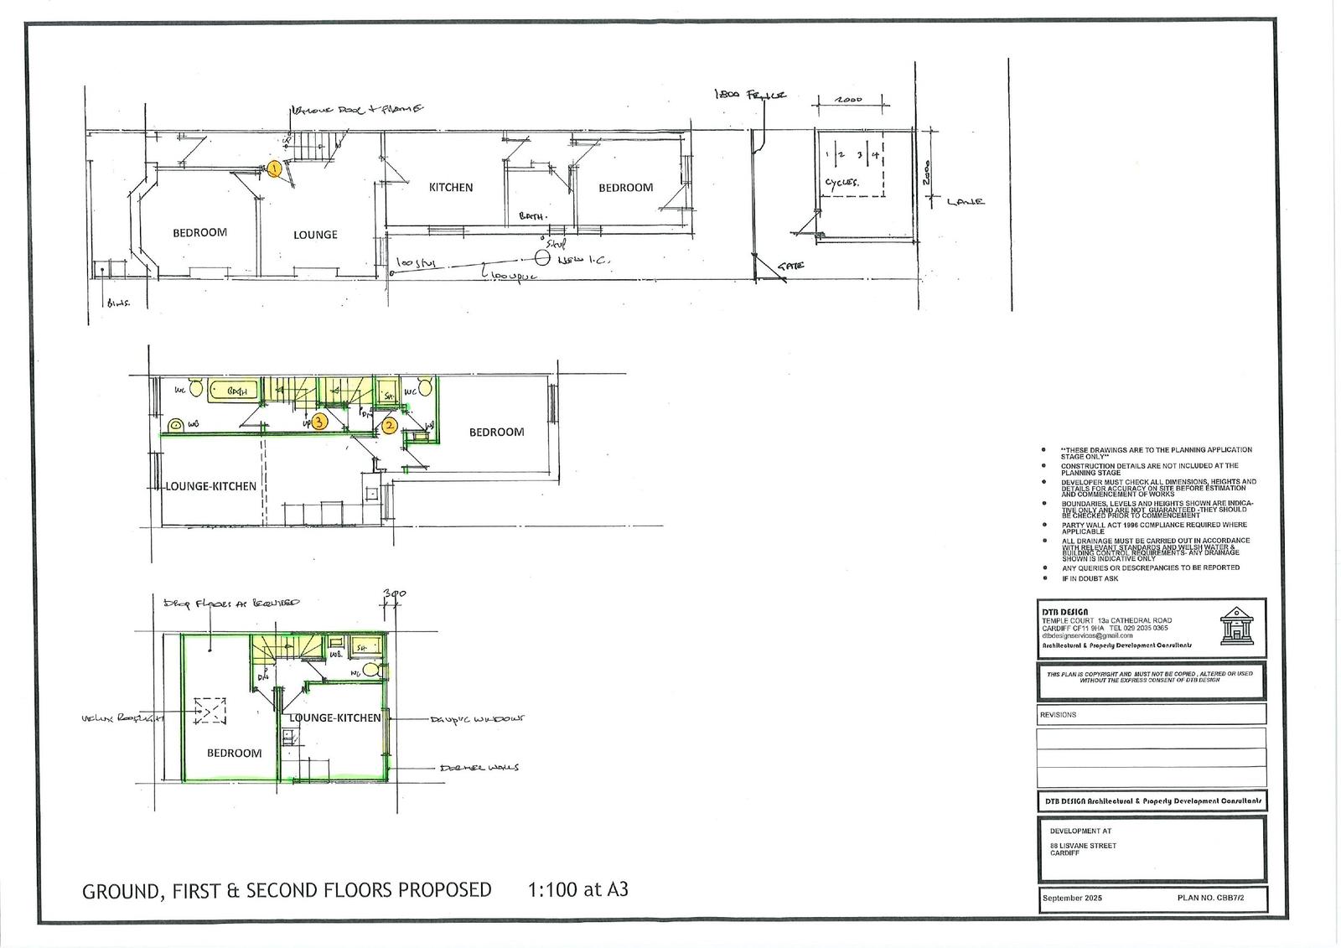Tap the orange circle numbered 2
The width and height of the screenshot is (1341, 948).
pyautogui.click(x=390, y=426)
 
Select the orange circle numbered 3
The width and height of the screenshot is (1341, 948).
pyautogui.click(x=319, y=422)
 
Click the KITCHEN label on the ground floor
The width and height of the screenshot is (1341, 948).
pyautogui.click(x=451, y=188)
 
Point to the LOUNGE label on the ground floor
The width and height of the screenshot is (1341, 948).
pyautogui.click(x=315, y=235)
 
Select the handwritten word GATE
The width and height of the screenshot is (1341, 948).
pyautogui.click(x=790, y=266)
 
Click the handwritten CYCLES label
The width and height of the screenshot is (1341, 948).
pyautogui.click(x=841, y=182)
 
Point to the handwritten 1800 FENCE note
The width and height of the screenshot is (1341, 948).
pyautogui.click(x=750, y=96)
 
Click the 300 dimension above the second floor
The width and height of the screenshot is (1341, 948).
pyautogui.click(x=394, y=594)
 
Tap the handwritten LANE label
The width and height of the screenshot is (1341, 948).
pyautogui.click(x=966, y=202)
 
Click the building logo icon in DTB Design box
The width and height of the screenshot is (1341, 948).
pyautogui.click(x=1235, y=626)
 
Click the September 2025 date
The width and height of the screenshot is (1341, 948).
pyautogui.click(x=1072, y=899)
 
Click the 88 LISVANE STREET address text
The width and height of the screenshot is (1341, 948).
pyautogui.click(x=1083, y=846)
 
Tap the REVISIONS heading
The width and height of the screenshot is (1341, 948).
pyautogui.click(x=1058, y=715)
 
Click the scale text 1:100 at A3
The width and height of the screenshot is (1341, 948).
pyautogui.click(x=577, y=889)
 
